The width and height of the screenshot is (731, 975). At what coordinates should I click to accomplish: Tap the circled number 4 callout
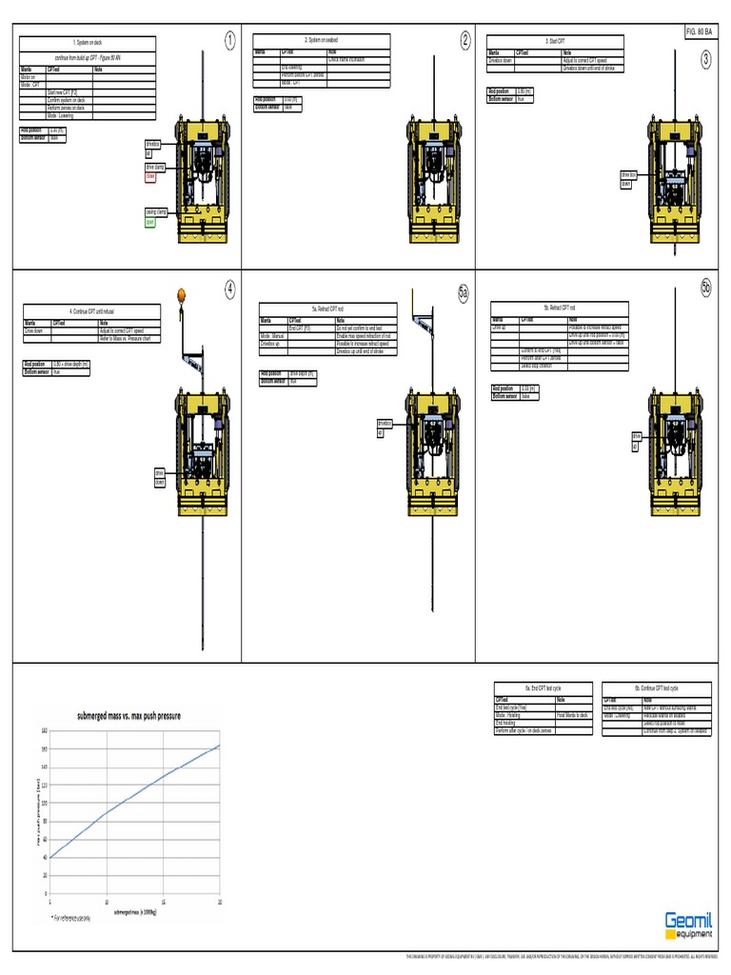229,289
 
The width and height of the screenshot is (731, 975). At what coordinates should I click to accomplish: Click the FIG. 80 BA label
698,32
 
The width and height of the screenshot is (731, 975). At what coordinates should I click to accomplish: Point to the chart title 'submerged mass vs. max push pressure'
128,715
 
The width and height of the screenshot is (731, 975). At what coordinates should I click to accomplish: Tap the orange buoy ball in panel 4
180,294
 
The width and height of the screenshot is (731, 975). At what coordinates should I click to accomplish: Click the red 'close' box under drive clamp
149,177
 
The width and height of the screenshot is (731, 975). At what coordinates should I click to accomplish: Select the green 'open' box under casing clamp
149,222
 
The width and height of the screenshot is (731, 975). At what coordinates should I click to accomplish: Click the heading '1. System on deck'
88,43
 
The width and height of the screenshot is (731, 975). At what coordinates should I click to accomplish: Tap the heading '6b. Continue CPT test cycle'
648,687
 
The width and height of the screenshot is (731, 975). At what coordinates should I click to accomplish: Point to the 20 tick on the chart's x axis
221,903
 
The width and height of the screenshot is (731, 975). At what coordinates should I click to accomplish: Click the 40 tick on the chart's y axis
43,857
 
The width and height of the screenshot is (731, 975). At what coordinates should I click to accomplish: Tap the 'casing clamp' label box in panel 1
156,212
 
